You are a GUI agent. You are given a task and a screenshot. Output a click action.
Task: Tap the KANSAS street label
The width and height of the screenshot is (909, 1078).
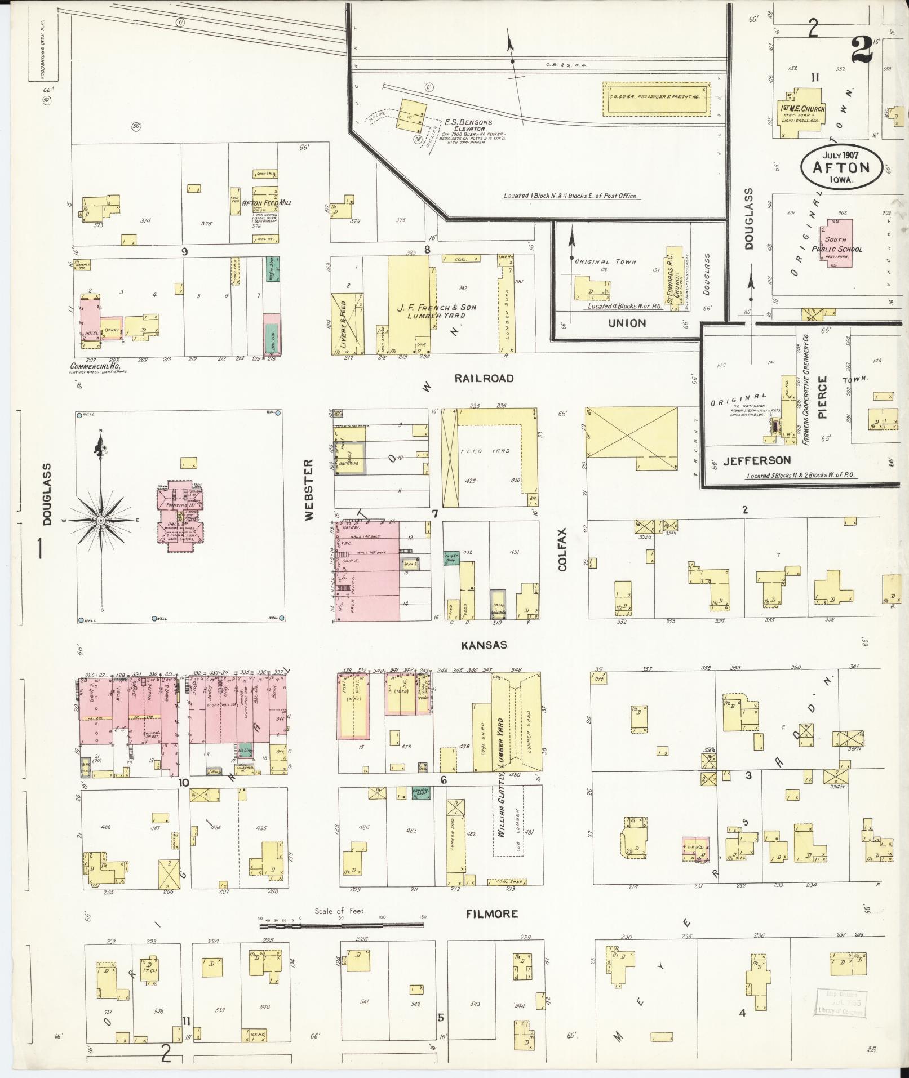(484, 645)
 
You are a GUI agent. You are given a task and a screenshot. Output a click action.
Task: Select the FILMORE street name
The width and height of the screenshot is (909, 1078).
(491, 913)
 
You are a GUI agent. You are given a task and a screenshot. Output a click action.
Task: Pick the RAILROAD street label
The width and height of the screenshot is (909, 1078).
(484, 378)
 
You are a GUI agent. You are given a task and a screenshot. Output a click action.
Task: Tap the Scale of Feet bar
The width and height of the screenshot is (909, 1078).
(342, 925)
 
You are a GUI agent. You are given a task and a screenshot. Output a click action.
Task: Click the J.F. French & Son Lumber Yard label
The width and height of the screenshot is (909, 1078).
(437, 312)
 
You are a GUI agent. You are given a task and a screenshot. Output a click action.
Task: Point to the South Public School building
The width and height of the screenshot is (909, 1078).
(837, 243)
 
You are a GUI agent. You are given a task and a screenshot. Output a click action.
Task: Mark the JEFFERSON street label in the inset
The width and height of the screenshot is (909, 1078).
(757, 460)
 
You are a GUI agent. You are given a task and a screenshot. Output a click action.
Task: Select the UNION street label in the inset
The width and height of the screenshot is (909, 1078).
(627, 323)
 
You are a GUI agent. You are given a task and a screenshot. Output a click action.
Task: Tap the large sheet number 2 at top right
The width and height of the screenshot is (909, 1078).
(862, 50)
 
